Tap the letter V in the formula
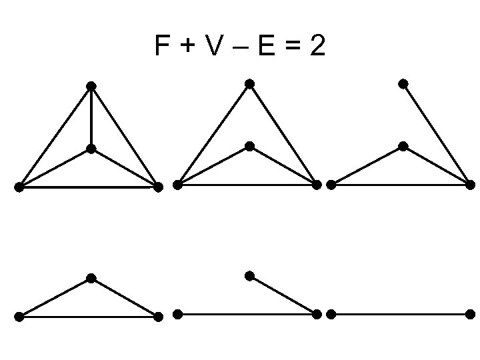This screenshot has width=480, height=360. coord(214,47)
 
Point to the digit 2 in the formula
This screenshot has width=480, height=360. coord(317,47)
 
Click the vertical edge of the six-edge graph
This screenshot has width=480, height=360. coord(91,117)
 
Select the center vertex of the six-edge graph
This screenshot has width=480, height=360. coord(91,149)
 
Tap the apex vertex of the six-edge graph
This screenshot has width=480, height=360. coord(91,86)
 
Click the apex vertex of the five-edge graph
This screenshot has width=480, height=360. coord(249,84)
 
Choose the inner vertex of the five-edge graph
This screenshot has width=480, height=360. coord(249,146)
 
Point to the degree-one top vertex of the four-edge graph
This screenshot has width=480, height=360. coord(403,84)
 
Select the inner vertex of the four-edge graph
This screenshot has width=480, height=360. coord(403,146)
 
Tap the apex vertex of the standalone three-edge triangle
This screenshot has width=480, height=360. coord(91,278)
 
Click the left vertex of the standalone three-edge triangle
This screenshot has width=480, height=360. coord(19,317)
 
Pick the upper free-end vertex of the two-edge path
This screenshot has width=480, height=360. coord(249,276)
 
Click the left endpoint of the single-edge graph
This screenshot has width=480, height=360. coord(331,314)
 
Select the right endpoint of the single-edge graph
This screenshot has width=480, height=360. coord(471,314)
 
